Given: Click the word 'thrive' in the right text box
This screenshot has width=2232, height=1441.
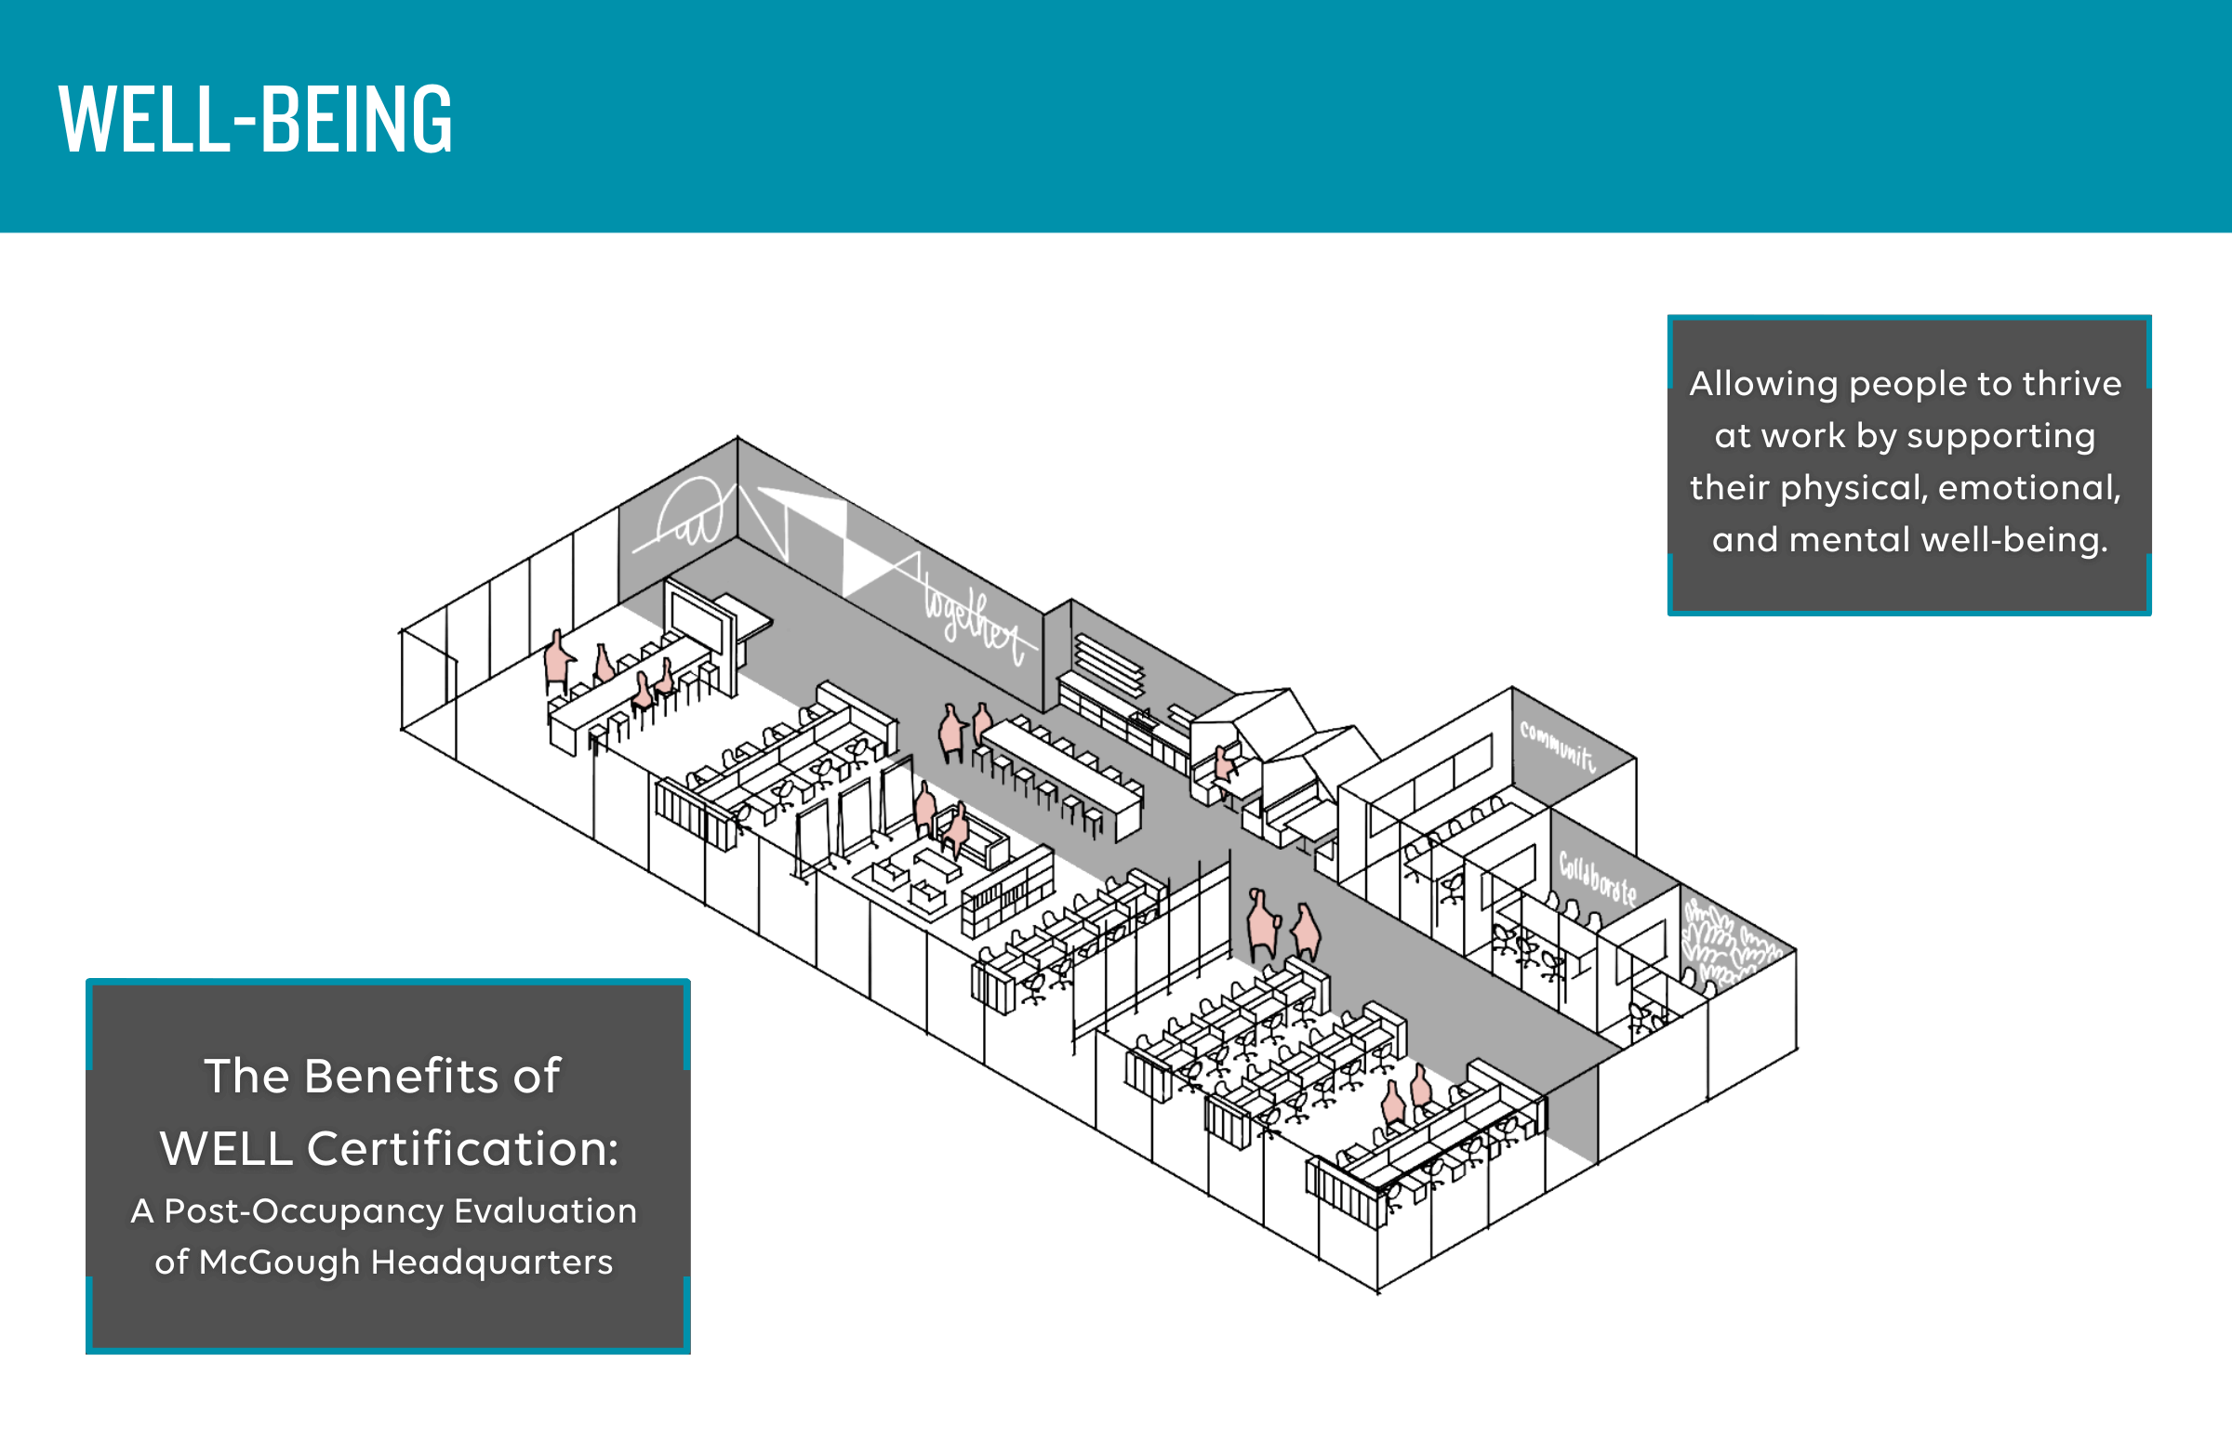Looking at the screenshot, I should pyautogui.click(x=2071, y=384).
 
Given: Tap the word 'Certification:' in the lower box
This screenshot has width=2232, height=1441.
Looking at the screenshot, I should pyautogui.click(x=462, y=1148).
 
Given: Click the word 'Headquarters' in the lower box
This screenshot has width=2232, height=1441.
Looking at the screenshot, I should pyautogui.click(x=492, y=1263).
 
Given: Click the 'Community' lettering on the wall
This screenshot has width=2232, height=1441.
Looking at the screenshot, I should pyautogui.click(x=1557, y=745).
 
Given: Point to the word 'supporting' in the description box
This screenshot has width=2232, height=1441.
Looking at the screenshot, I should pyautogui.click(x=2000, y=436).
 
